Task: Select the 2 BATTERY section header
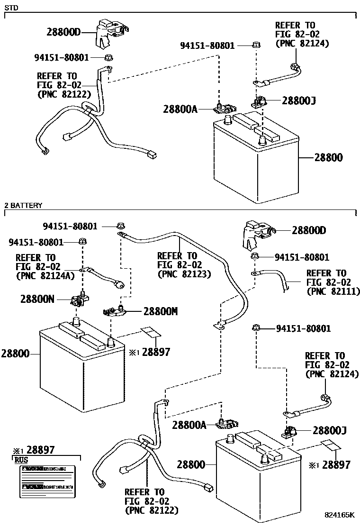click(x=23, y=205)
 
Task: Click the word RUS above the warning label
click(x=21, y=459)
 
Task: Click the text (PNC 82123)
click(x=184, y=274)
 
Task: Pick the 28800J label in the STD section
click(x=299, y=100)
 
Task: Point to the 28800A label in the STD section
click(x=180, y=109)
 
